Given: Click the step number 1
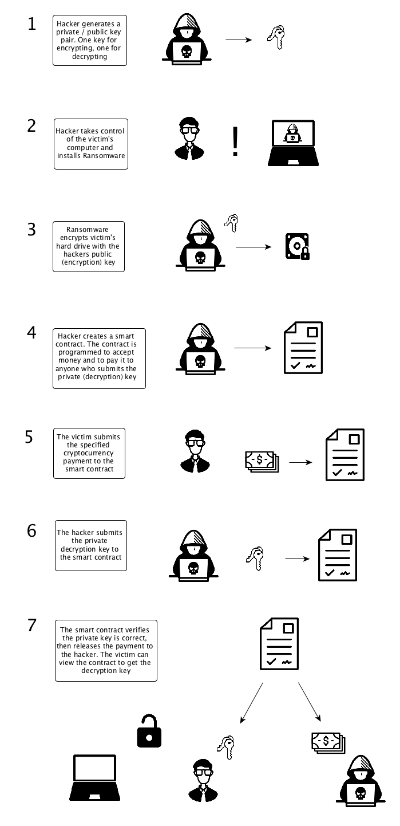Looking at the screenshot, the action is tap(32, 24).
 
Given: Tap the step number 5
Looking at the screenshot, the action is tap(29, 436).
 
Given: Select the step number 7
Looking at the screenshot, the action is tap(32, 626).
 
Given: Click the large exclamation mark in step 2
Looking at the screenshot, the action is tap(235, 141).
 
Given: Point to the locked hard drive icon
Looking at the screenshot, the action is tap(297, 246).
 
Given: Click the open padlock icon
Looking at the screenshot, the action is tap(149, 730).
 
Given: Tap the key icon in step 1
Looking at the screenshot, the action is tap(276, 37).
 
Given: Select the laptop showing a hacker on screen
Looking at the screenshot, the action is tap(293, 143).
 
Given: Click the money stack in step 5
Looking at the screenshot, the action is tap(262, 461).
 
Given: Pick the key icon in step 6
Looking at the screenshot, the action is tap(255, 558).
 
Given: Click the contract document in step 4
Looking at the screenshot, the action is tap(303, 348).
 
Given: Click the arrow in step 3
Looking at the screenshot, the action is tap(254, 247).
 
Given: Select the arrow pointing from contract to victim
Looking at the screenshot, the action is tap(252, 702).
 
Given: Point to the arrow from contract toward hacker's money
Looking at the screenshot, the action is tap(310, 702).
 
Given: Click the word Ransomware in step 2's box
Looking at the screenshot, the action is tap(104, 156).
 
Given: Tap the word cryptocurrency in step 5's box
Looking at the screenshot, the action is tap(88, 453).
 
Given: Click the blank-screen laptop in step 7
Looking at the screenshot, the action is tap(94, 777).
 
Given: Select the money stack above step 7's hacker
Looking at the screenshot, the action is tap(328, 743).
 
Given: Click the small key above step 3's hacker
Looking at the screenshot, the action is tap(232, 223).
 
